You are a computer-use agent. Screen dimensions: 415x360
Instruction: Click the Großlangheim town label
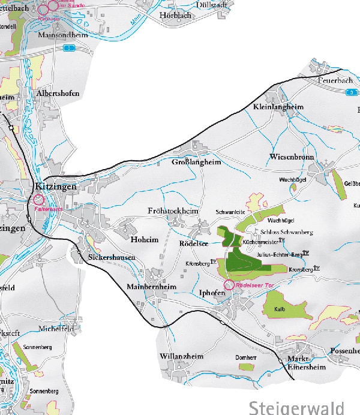(x=197, y=162)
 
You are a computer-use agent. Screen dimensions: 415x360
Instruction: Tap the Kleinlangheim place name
(x=278, y=107)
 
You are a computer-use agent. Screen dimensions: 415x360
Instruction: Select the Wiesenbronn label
(x=292, y=157)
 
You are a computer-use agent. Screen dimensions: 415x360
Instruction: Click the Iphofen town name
(x=211, y=293)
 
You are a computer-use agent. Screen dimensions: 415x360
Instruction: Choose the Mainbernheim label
(x=152, y=287)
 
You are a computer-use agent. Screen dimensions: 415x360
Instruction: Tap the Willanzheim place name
(x=182, y=356)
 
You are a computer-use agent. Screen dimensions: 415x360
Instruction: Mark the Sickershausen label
(x=112, y=257)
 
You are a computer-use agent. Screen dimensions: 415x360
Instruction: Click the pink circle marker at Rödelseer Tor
(x=228, y=285)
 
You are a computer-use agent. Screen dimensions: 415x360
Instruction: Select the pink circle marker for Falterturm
(x=39, y=200)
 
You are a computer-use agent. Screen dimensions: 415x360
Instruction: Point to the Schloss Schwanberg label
(x=287, y=231)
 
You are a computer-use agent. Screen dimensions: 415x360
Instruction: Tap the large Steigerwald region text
(x=296, y=407)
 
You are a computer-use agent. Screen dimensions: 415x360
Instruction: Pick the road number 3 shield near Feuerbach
(x=351, y=92)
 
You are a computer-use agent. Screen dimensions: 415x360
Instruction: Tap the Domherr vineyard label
(x=246, y=357)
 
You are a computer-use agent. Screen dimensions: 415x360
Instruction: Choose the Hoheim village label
(x=144, y=239)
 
